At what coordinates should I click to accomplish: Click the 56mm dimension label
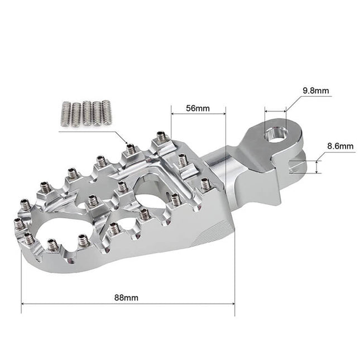[x=198, y=108]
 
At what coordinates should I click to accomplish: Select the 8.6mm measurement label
[x=340, y=146]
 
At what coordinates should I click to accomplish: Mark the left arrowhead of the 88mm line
[x=23, y=304]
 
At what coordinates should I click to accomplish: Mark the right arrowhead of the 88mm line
[x=232, y=304]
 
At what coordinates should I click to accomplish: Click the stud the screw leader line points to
[x=131, y=148]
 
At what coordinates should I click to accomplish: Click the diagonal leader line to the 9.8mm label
[x=293, y=104]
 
